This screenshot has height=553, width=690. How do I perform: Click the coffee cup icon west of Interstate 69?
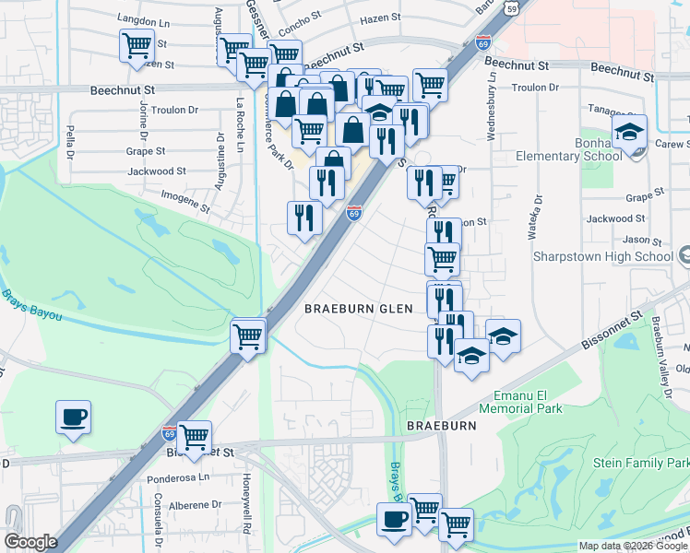coord(74,418)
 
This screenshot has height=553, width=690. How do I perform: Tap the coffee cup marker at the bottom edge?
coord(394,520)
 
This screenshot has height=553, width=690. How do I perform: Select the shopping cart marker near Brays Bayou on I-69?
coord(248,336)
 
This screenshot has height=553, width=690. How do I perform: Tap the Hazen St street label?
coord(381,18)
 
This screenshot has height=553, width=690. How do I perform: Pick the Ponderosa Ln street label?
coord(179,479)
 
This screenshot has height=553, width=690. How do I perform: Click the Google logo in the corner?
coord(30,542)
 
